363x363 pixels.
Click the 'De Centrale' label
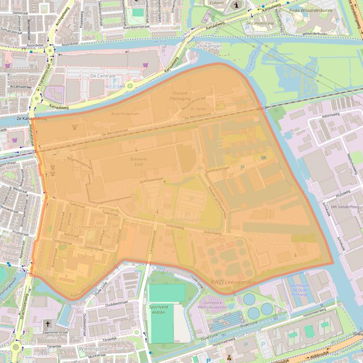100,75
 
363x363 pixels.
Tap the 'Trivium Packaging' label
181,96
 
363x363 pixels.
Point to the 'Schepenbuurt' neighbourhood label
91,227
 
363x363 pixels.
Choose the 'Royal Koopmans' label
125,114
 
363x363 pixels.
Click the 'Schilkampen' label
208,46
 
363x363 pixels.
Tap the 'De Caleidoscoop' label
260,22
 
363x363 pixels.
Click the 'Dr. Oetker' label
199,109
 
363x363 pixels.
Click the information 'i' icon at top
236,5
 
